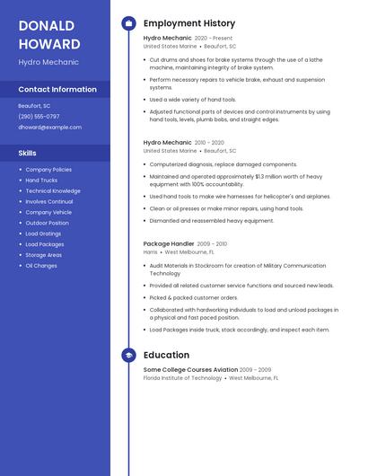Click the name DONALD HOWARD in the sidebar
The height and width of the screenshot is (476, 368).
click(49, 34)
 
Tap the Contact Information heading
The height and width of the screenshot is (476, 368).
click(57, 90)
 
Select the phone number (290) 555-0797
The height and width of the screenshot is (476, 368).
click(39, 117)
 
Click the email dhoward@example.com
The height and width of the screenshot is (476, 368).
click(49, 128)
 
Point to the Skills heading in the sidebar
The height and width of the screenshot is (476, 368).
click(27, 153)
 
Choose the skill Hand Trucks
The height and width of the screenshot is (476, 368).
click(41, 181)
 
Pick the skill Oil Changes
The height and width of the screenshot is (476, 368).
click(41, 266)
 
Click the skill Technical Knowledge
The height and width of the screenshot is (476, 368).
click(53, 191)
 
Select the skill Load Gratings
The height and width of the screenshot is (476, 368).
click(44, 234)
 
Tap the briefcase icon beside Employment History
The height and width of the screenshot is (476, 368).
click(129, 23)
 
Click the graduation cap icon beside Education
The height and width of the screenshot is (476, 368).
click(129, 356)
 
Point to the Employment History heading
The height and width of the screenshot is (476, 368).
click(189, 23)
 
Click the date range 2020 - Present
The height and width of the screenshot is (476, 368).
click(214, 39)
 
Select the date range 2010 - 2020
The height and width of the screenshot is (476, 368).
click(210, 143)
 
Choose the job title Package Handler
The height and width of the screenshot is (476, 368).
click(169, 243)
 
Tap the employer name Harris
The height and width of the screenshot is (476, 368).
click(150, 252)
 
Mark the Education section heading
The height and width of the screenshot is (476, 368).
click(166, 356)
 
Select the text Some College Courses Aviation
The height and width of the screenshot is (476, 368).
click(190, 369)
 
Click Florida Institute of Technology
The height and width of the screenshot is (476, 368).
click(182, 378)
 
